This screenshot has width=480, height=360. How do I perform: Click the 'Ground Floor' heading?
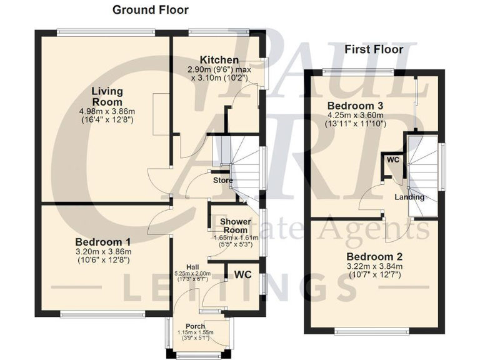pos(150,10)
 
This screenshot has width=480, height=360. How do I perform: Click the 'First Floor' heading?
pos(374,49)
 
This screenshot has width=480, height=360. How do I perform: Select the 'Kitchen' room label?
pos(215,60)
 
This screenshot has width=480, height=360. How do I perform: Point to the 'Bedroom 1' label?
pos(103,242)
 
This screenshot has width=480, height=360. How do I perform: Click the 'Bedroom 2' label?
pos(375,256)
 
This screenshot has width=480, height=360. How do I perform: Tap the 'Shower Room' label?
pos(235,225)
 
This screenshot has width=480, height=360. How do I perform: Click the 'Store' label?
pos(222,181)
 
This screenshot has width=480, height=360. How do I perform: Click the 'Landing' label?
pos(409,197)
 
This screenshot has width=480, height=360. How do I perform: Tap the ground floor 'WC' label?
pos(243,274)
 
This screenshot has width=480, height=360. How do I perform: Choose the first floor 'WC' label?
pos(392,160)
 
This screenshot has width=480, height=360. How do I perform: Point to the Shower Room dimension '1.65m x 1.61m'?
pos(236,238)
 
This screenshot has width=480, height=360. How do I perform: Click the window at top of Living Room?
pos(105,31)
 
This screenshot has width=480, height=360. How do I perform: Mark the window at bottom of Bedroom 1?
pos(102,313)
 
